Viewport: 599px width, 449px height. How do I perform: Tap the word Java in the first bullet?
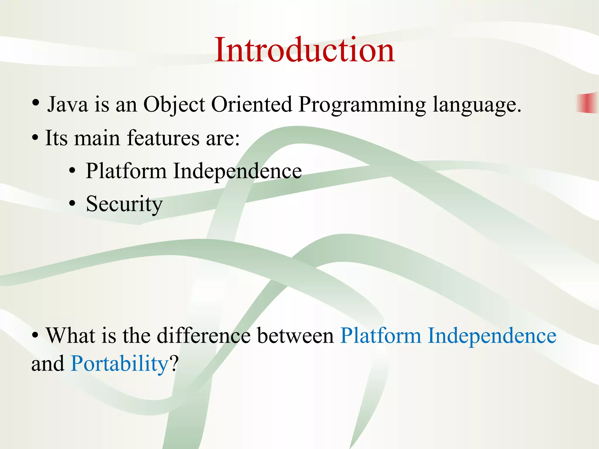[68, 104]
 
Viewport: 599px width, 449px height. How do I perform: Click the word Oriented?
[252, 104]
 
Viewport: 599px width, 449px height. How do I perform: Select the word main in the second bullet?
[97, 138]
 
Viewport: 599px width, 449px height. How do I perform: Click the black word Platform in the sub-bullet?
[126, 171]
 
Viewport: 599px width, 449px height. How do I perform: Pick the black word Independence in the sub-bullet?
[237, 171]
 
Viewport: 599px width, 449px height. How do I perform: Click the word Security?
[124, 204]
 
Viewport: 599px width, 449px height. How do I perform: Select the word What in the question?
[70, 335]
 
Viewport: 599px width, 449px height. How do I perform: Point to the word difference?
[204, 335]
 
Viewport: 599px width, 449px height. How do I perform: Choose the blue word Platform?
[381, 335]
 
